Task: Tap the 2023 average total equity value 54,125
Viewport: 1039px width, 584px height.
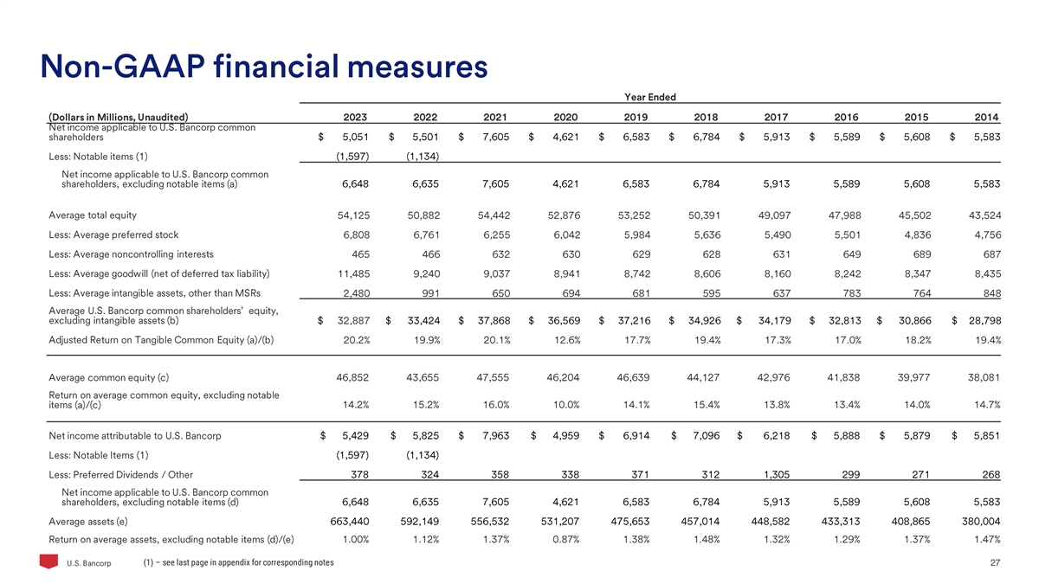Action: (352, 215)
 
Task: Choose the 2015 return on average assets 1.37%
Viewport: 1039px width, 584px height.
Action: (914, 540)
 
